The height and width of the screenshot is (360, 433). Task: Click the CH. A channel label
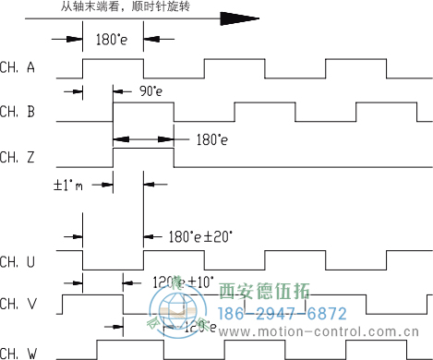pyautogui.click(x=18, y=66)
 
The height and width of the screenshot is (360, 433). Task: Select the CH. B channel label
pyautogui.click(x=18, y=112)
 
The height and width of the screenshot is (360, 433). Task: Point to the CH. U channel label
pyautogui.click(x=18, y=261)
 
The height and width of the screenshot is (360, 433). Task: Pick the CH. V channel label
pyautogui.click(x=18, y=304)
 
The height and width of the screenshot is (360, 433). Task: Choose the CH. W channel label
pyautogui.click(x=18, y=351)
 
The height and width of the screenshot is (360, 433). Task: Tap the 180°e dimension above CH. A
pyautogui.click(x=113, y=40)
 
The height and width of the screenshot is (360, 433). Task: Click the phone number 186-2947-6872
pyautogui.click(x=283, y=313)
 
